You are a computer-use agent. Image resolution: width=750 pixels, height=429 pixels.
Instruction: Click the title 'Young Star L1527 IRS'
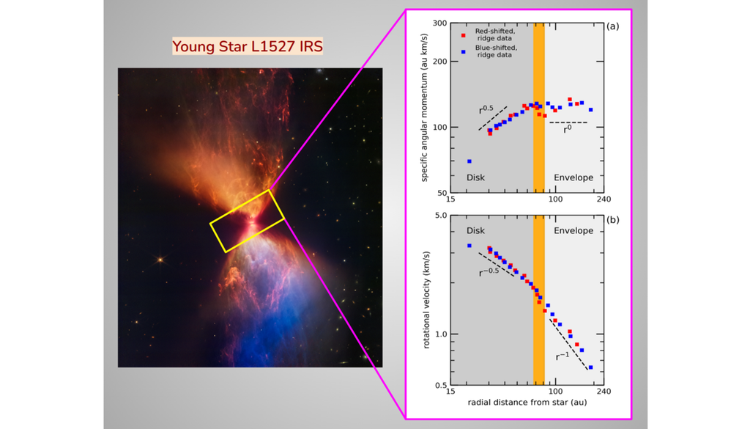(x=248, y=47)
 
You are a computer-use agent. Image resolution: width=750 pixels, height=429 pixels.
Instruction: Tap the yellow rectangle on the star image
(x=248, y=221)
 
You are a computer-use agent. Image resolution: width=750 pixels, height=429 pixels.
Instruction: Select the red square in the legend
(x=463, y=34)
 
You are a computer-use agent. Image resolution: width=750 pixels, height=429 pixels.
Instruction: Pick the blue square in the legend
(x=463, y=52)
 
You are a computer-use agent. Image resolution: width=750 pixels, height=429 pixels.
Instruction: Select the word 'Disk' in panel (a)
(x=475, y=177)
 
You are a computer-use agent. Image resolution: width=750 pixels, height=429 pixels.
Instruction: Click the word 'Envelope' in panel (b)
(x=573, y=230)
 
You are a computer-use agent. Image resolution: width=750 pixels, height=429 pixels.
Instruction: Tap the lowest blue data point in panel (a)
(x=469, y=161)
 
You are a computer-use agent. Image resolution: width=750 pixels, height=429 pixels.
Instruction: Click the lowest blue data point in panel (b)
(x=590, y=367)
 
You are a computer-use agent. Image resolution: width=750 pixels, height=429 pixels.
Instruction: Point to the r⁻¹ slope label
(x=562, y=356)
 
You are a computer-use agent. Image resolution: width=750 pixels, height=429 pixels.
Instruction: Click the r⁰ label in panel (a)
(x=567, y=129)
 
